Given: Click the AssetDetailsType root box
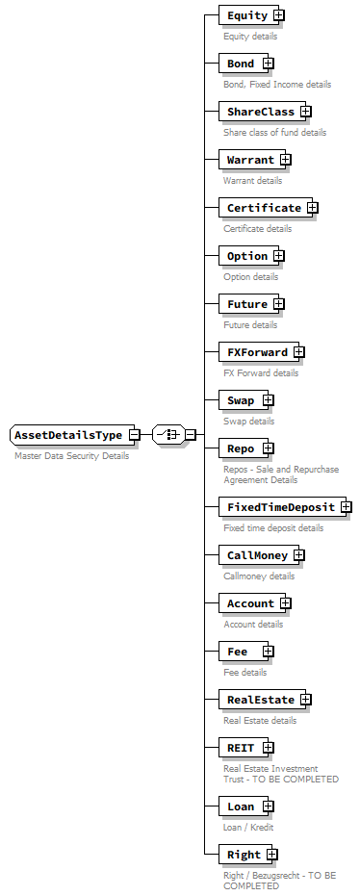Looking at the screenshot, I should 68,435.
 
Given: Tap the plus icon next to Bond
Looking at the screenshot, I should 269,64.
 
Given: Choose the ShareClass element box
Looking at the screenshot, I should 261,112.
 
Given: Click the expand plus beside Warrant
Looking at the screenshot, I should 286,160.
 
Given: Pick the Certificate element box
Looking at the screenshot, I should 264,208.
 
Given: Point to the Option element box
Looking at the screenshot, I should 247,256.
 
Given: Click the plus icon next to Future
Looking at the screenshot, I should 279,304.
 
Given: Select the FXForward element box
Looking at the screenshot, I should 257,352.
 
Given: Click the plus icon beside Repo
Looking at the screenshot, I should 269,448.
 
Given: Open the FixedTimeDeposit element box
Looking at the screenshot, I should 280,507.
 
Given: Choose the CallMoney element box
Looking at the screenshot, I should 257,555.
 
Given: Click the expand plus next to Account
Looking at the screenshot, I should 286,603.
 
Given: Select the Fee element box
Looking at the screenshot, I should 240,652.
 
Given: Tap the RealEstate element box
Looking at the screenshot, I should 261,700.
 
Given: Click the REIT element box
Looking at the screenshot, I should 241,748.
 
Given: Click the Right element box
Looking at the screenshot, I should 244,855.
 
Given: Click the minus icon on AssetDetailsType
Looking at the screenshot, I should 135,435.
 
